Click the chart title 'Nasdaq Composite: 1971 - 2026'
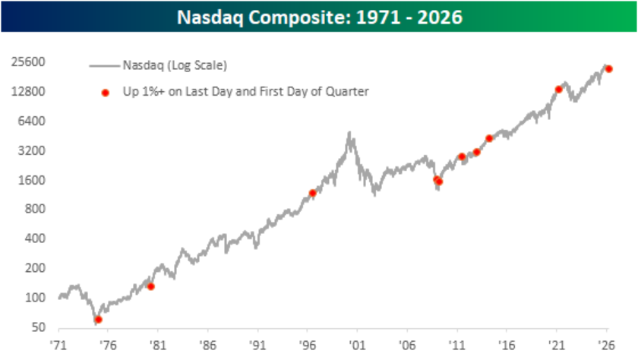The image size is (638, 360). (319, 15)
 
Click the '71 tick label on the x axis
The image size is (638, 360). (58, 343)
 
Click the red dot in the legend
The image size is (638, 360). (106, 93)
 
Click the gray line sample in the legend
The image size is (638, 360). (105, 65)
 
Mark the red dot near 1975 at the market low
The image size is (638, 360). (98, 320)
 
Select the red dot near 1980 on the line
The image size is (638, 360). (150, 286)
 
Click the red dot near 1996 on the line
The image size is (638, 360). (312, 193)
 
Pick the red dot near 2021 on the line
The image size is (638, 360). (558, 89)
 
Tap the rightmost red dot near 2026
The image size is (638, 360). (609, 69)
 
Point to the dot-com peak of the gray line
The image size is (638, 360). (349, 134)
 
